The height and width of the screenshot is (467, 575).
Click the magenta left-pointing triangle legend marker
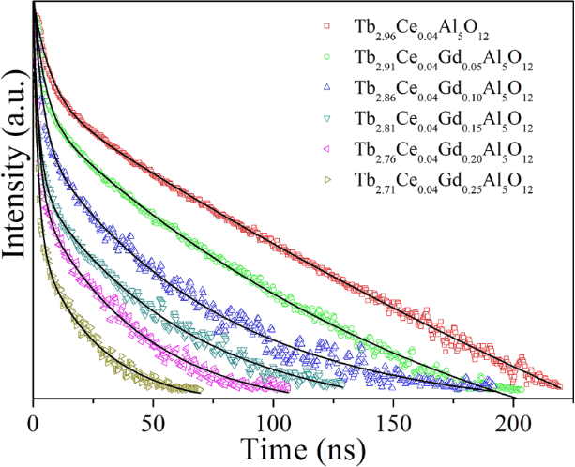325,149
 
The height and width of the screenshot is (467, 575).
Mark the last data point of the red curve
559,384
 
